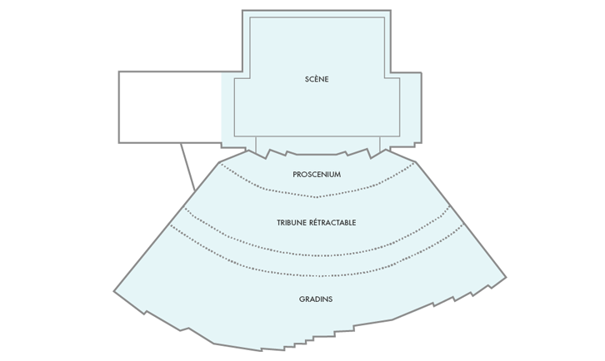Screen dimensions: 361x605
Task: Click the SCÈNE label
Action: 317,80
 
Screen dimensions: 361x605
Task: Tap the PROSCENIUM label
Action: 317,175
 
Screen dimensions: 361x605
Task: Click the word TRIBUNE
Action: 294,223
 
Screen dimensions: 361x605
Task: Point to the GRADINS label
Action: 316,299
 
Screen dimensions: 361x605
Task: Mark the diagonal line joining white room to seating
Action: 187,166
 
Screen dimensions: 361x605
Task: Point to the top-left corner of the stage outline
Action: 243,11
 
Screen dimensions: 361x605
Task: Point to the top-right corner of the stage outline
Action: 390,11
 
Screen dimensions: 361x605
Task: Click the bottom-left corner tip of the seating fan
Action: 114,290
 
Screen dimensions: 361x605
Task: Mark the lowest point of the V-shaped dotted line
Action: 316,198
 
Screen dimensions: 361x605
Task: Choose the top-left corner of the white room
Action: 119,72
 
